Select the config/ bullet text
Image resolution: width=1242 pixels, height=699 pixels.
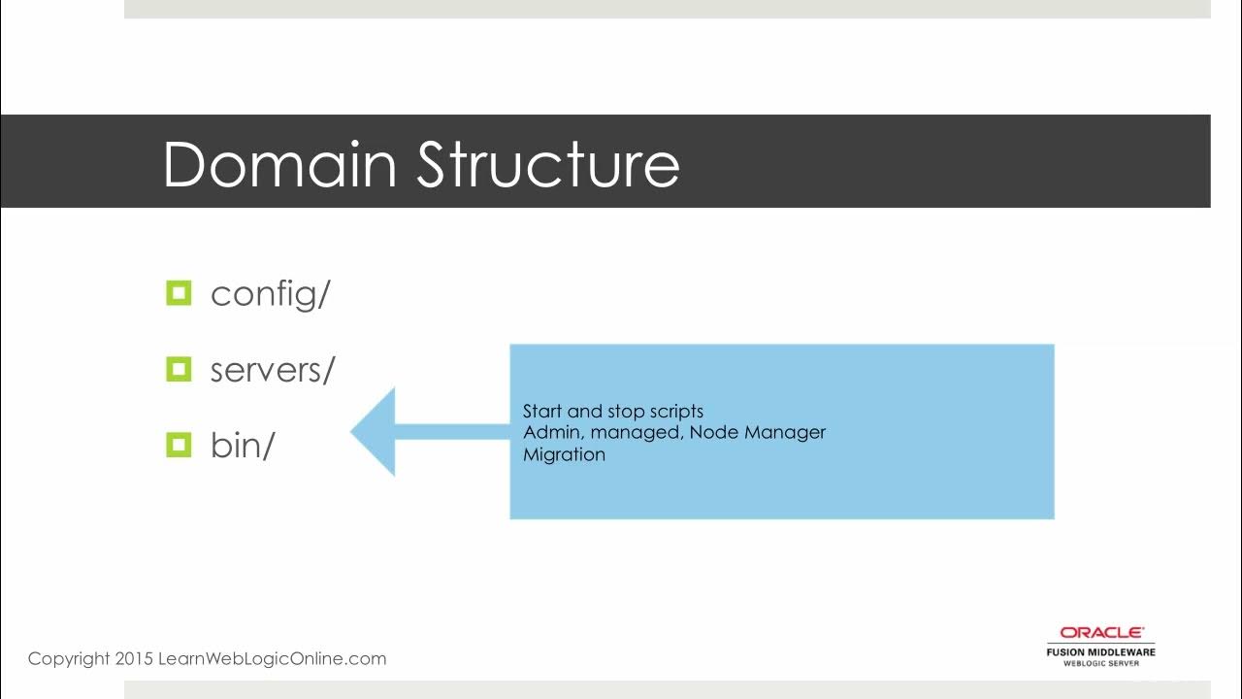(270, 293)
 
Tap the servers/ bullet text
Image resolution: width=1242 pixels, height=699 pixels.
(272, 370)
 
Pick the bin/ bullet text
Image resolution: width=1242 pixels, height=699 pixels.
(243, 446)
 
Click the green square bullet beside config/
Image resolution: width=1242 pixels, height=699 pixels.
(180, 292)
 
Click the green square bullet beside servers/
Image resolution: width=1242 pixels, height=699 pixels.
(180, 369)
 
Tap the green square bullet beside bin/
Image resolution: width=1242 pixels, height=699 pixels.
(180, 445)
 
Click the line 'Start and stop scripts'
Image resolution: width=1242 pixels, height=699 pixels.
(612, 411)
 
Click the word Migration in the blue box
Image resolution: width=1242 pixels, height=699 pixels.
(564, 454)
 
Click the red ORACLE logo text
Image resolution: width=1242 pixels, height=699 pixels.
(1101, 633)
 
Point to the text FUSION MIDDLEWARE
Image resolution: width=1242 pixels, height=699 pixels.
(1100, 651)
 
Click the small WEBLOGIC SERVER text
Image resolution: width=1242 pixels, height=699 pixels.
(1101, 663)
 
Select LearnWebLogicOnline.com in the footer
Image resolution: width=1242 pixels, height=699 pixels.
(271, 658)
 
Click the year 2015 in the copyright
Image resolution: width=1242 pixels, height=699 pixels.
(134, 658)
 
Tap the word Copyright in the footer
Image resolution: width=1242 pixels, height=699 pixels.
(69, 658)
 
